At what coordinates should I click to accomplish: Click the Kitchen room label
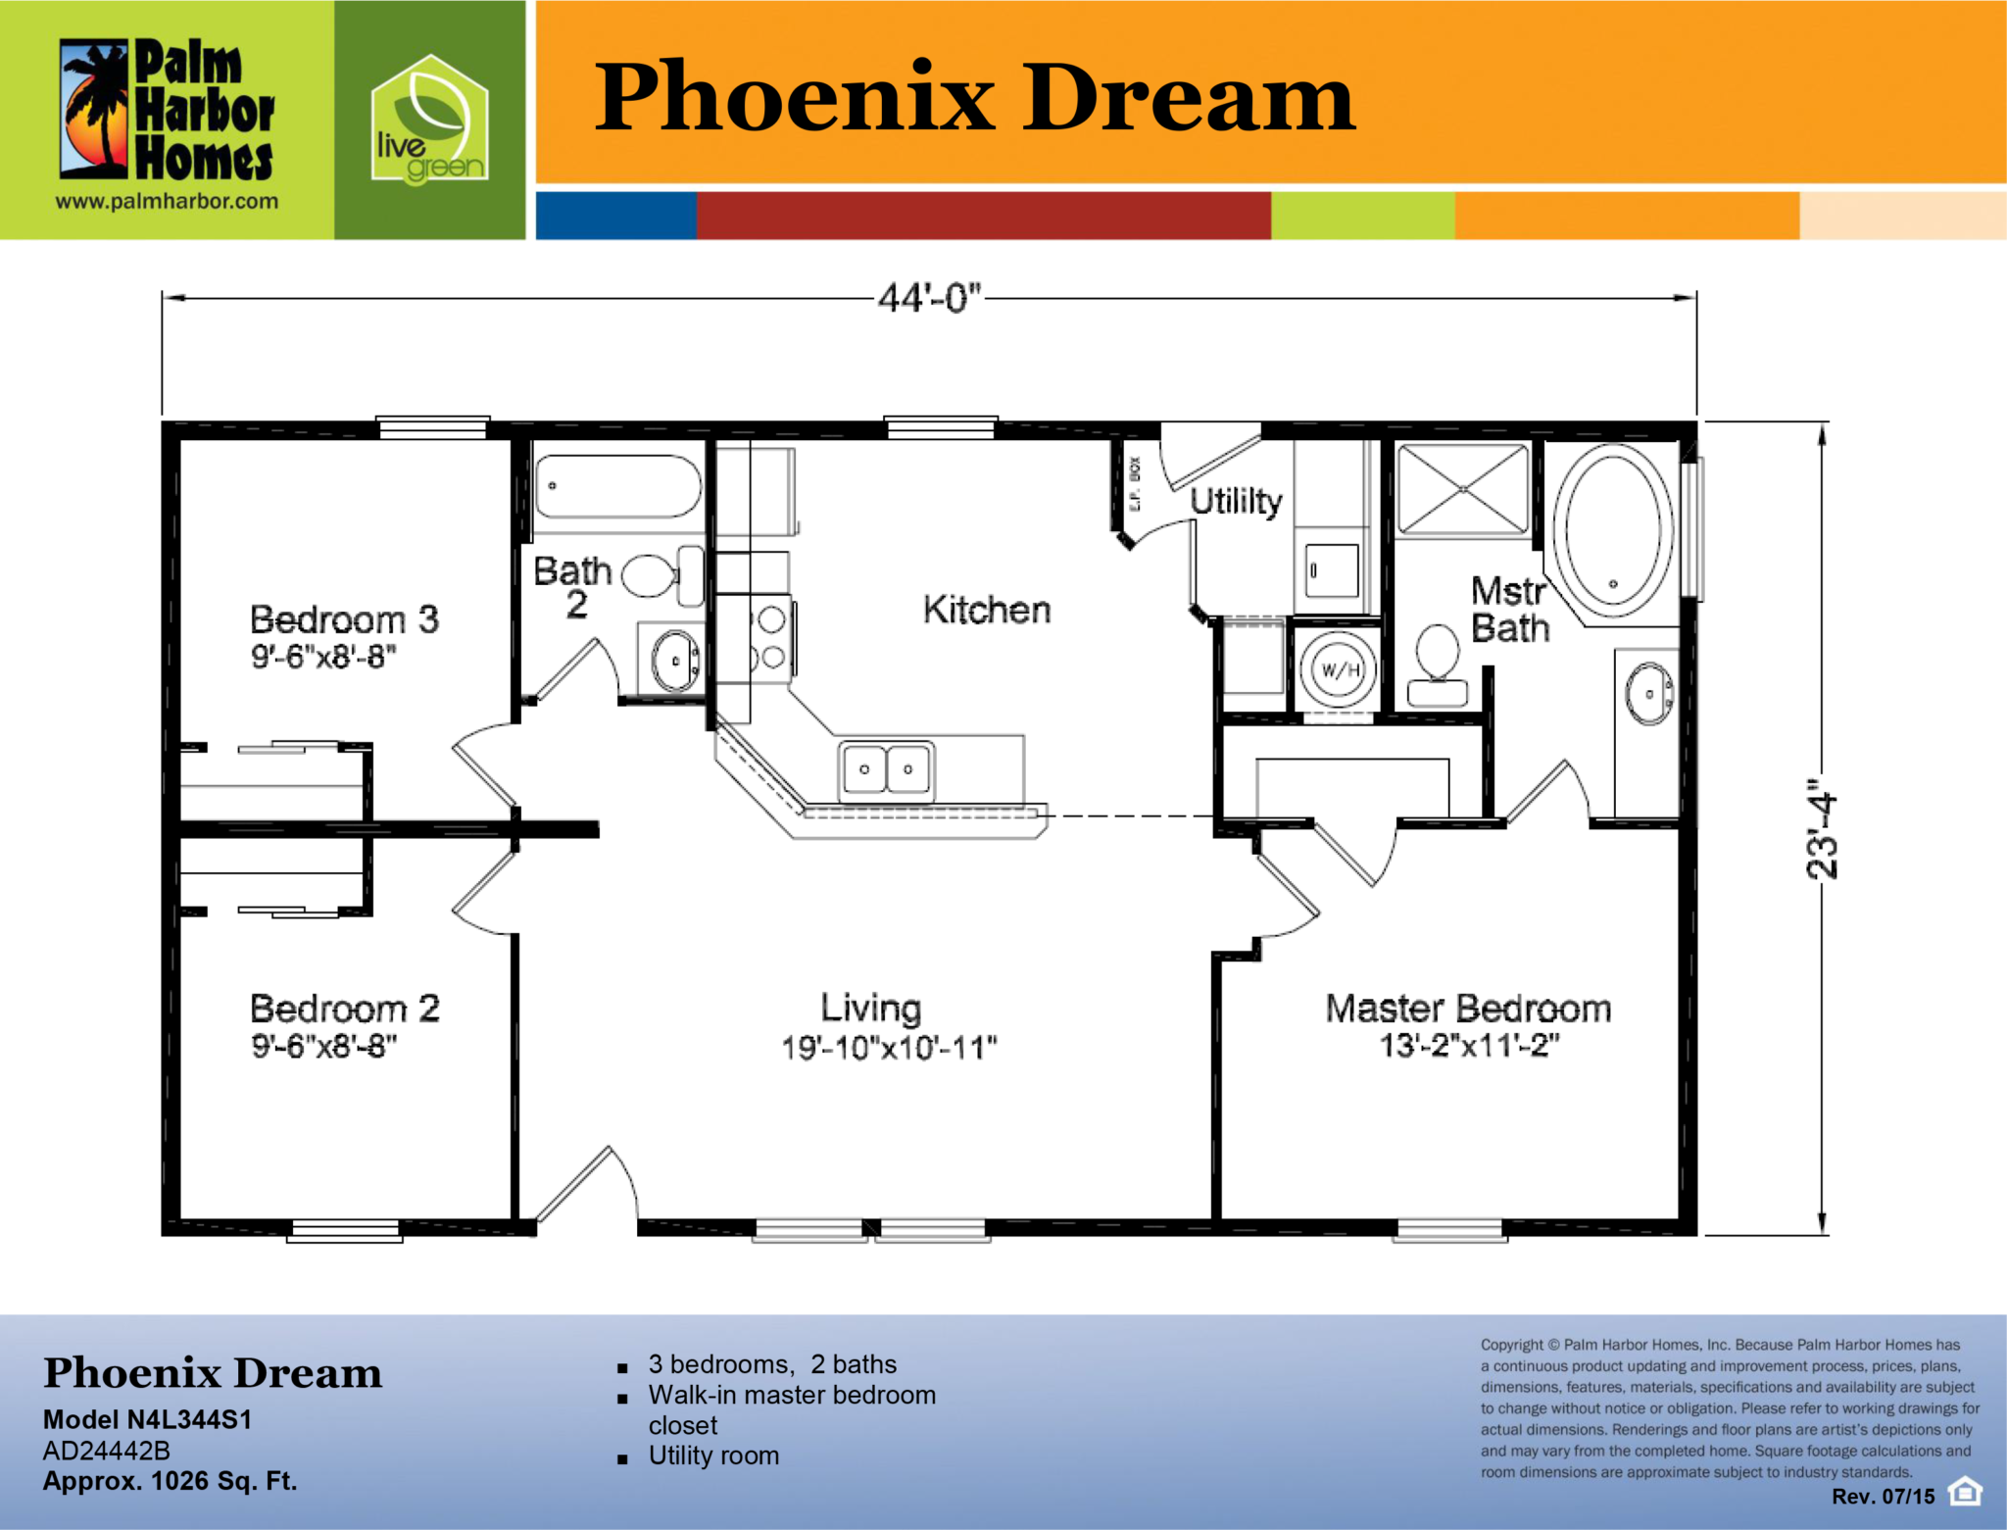pos(987,610)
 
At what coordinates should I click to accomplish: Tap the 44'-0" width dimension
pos(929,297)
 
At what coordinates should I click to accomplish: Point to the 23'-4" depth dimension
pos(1822,829)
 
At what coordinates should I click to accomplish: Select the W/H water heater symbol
pos(1339,670)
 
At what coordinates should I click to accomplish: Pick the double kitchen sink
pos(886,769)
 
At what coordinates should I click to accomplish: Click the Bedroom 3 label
pos(344,619)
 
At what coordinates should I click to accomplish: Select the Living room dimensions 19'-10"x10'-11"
pos(889,1047)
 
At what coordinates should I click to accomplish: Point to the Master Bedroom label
pos(1468,1008)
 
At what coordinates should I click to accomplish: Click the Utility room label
pos(1236,501)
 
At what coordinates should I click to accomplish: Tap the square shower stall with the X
pos(1462,489)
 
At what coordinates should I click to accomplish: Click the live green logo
pos(429,120)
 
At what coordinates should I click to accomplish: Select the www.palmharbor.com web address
pos(167,202)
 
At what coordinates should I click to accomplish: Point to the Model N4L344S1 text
pos(148,1419)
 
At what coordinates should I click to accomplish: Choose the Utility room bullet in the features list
pos(713,1456)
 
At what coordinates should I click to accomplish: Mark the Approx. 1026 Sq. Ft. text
pos(170,1480)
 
